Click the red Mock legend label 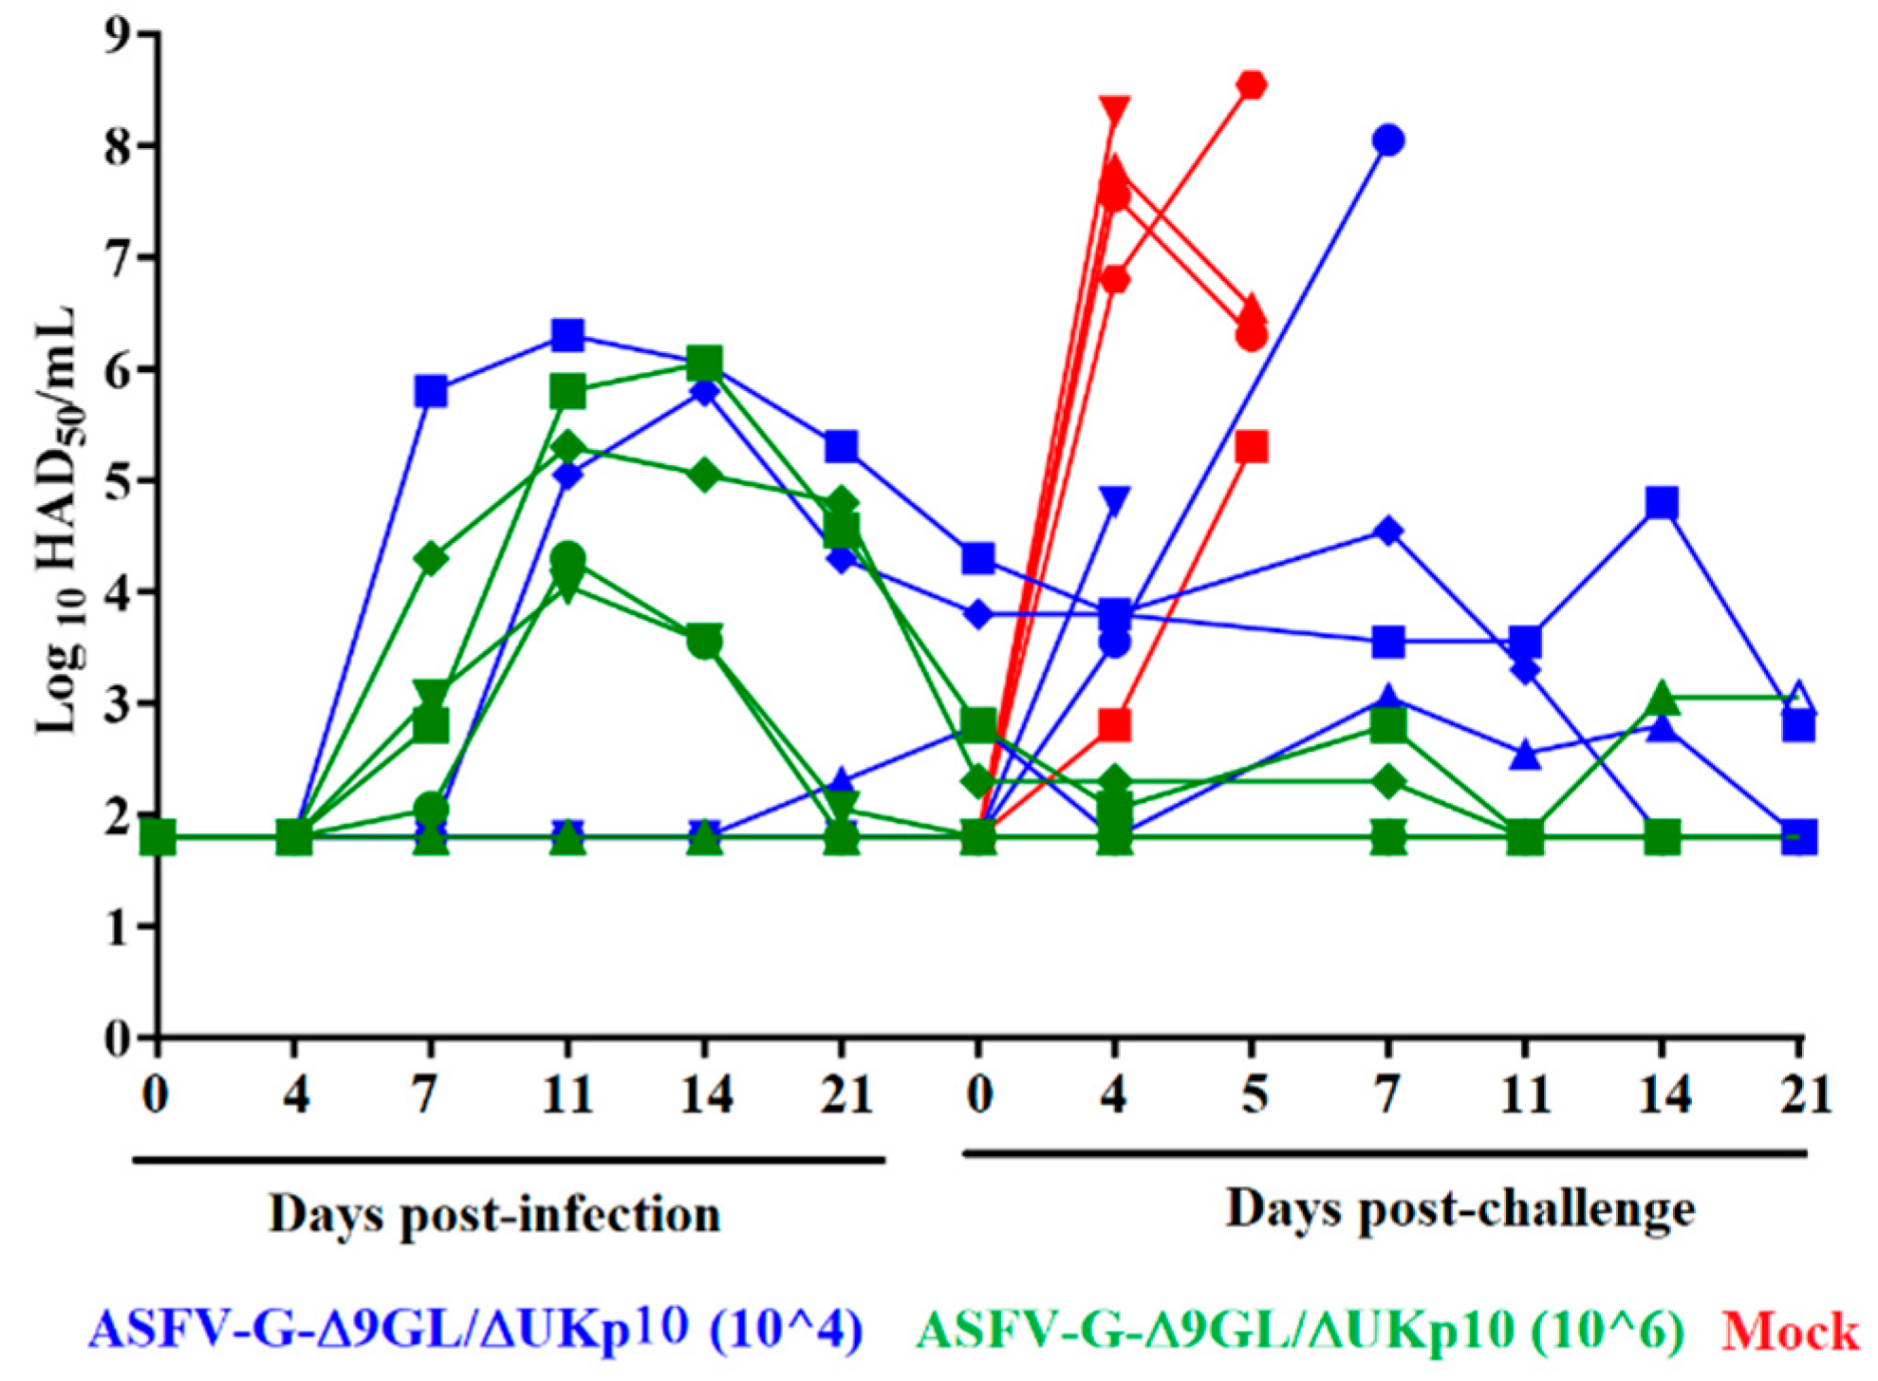coord(1790,1331)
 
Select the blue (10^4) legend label coord(475,1329)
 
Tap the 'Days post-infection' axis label coord(494,1214)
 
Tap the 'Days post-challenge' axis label coord(1460,1209)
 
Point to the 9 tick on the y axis coord(121,34)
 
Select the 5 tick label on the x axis coord(1254,1094)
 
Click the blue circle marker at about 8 coord(1388,140)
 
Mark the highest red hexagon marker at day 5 coord(1253,85)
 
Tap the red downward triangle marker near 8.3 coord(1115,109)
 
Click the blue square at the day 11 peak coord(567,335)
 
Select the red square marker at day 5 coord(1253,446)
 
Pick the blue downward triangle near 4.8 coord(1115,500)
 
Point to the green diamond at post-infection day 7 coord(430,559)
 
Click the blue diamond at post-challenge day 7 coord(1388,531)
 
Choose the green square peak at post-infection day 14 coord(704,362)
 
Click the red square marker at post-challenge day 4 coord(1115,726)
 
